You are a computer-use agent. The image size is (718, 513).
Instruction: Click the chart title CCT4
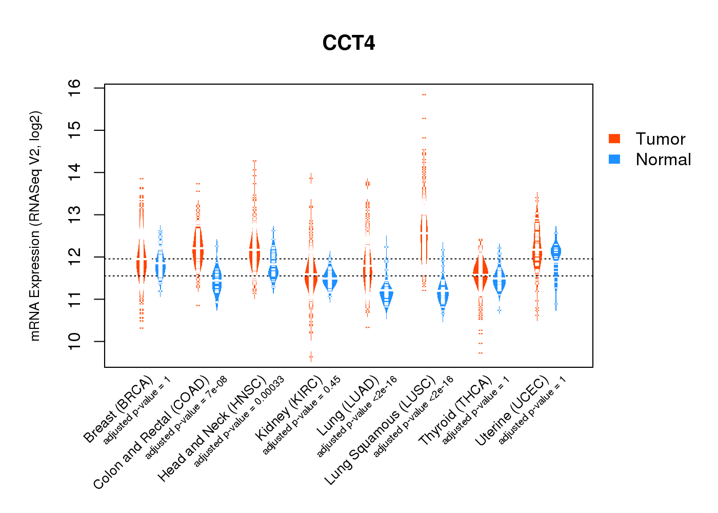(349, 43)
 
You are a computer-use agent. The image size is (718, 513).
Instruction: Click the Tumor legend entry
(660, 139)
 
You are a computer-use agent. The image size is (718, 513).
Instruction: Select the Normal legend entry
(663, 160)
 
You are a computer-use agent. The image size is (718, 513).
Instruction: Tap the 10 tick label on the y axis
(74, 341)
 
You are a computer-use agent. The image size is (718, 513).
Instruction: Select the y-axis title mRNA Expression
(35, 226)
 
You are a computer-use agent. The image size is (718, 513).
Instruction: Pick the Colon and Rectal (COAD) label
(151, 432)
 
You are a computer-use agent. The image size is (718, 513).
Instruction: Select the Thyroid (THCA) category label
(455, 410)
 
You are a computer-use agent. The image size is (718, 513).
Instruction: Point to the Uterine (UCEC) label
(512, 411)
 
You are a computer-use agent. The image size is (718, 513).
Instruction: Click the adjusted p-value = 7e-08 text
(186, 418)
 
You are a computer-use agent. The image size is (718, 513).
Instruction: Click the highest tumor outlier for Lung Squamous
(424, 95)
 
